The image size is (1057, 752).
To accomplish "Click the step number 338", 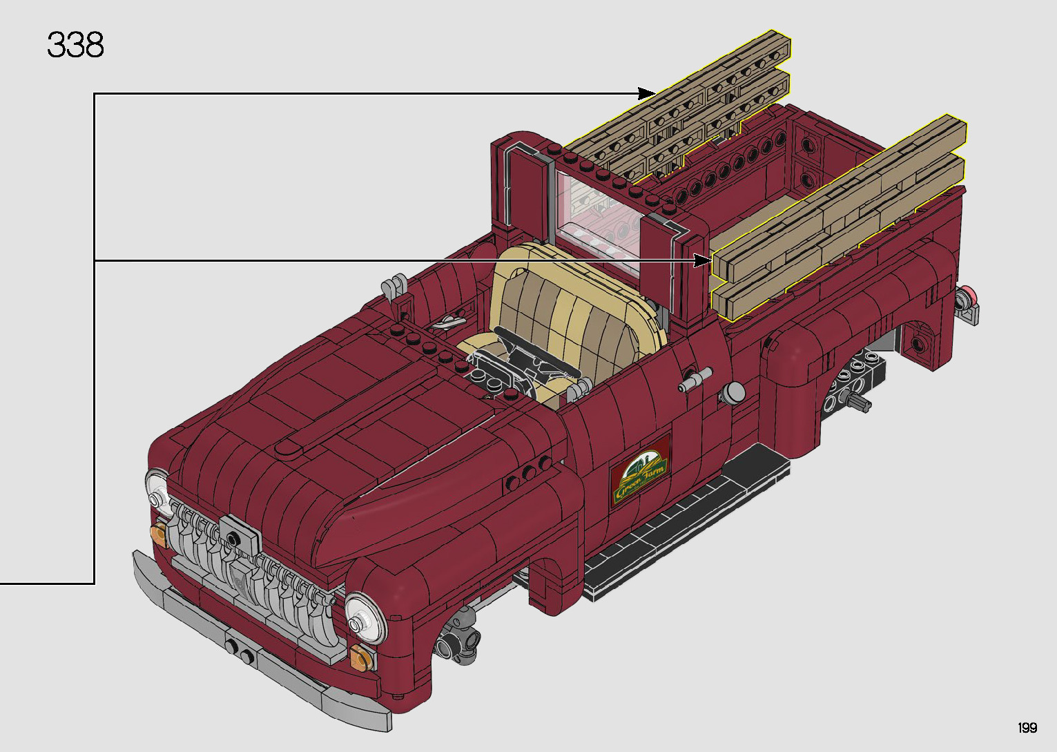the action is click(75, 46).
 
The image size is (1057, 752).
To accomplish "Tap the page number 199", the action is click(1027, 728).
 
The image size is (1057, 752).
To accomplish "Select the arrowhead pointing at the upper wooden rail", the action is click(647, 93).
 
